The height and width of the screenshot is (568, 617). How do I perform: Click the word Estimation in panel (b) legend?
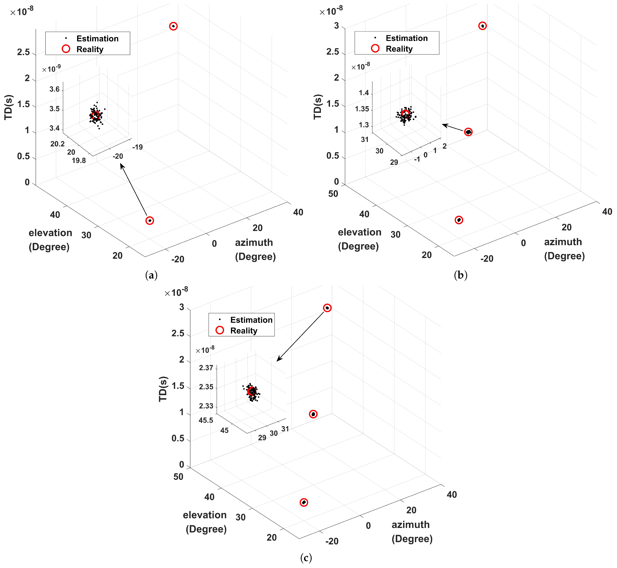[x=406, y=38]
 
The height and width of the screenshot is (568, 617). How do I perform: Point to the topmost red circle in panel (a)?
[x=173, y=26]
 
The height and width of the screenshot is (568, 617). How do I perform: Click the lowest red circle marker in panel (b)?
[x=459, y=220]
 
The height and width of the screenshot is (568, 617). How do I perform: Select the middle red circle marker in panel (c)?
[x=313, y=414]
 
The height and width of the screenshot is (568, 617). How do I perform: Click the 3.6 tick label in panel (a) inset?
[x=55, y=89]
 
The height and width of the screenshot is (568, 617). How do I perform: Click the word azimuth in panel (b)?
[x=563, y=242]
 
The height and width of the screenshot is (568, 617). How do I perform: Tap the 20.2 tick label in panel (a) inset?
[x=58, y=144]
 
